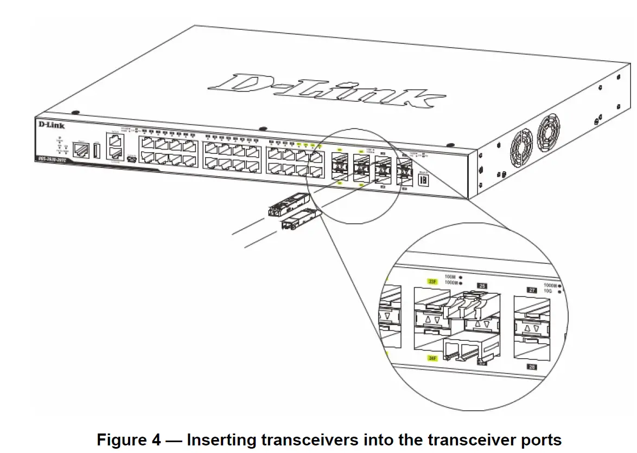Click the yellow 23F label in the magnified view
[x=432, y=281]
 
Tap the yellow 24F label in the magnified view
[x=432, y=358]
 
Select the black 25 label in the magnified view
[x=480, y=285]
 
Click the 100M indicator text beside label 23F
[x=450, y=277]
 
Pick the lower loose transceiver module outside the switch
[x=300, y=219]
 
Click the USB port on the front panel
[x=97, y=149]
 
